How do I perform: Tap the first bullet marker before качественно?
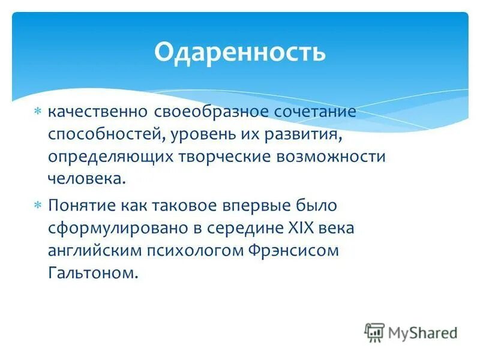37,112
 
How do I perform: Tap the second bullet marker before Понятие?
37,205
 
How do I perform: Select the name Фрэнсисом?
293,250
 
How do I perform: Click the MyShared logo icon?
375,332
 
